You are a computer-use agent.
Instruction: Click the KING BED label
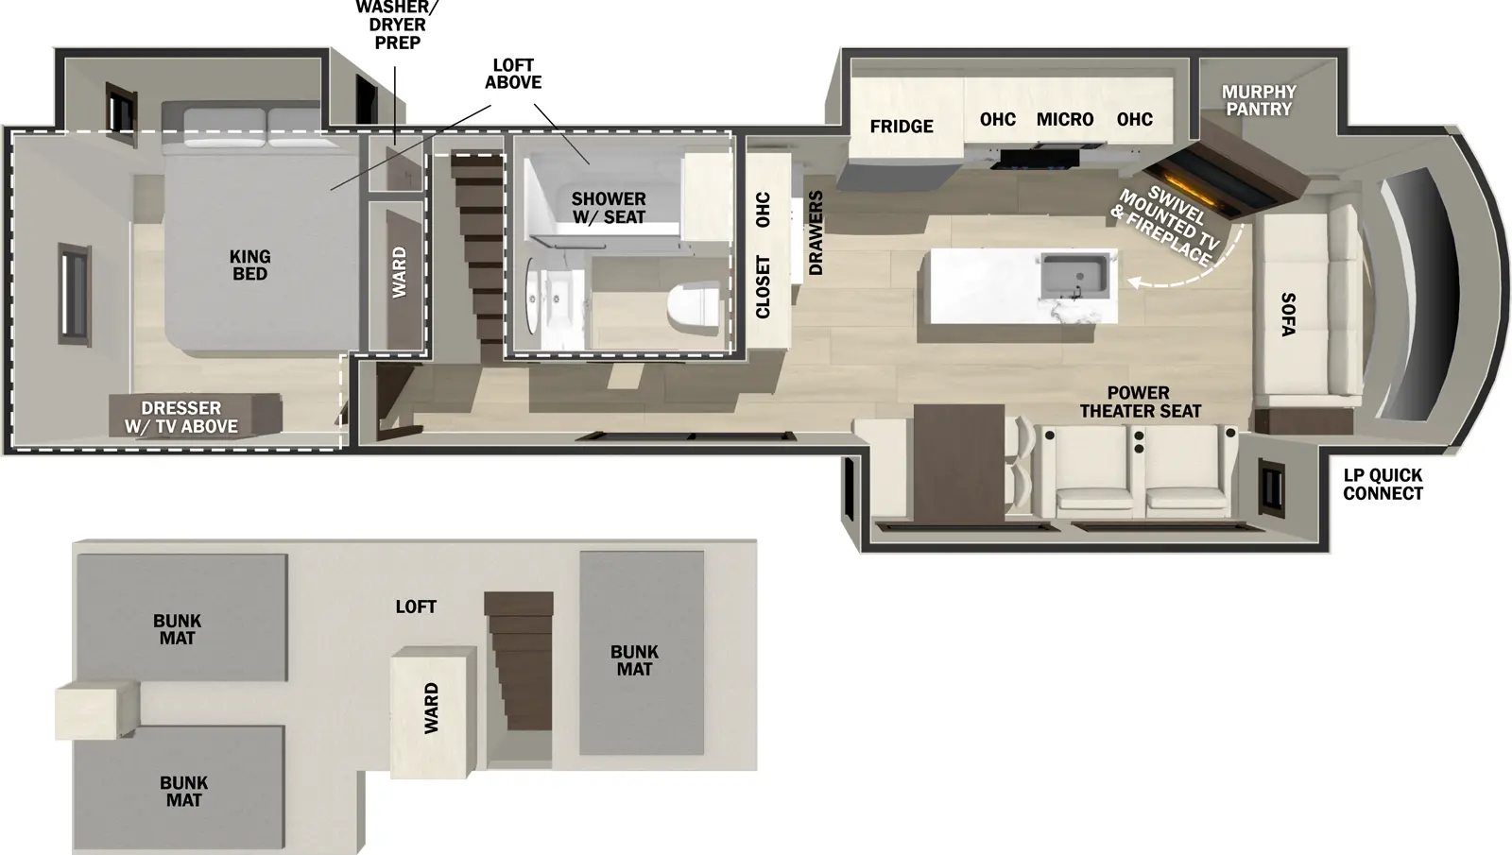[249, 265]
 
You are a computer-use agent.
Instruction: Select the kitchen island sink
[1078, 273]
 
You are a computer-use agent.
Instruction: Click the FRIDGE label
[902, 127]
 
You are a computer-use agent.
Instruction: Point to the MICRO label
[1065, 120]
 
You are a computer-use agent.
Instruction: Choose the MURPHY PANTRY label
[1259, 100]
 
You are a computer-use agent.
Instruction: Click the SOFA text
[1288, 314]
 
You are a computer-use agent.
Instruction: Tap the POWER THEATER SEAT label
[1140, 402]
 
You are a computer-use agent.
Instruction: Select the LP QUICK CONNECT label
[1383, 485]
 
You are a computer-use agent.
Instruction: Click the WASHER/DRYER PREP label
[397, 26]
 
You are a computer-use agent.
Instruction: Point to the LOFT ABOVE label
[513, 74]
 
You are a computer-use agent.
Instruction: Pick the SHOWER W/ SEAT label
[609, 208]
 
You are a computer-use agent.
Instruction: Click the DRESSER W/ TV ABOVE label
[181, 418]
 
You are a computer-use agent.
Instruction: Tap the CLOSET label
[764, 287]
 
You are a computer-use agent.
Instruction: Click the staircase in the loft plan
[518, 661]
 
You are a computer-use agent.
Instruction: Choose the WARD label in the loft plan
[431, 709]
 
